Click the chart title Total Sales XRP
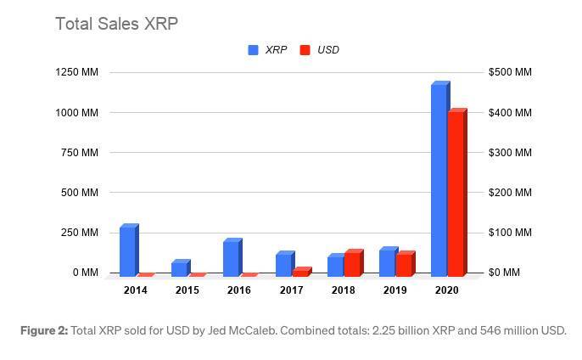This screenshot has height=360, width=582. coord(116,24)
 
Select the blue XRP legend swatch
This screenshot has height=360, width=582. coord(253,50)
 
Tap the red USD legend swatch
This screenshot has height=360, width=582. coord(305,50)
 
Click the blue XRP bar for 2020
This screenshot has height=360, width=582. coord(439,180)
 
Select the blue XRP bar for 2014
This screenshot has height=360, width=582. coord(127,251)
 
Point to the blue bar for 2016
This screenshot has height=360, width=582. coord(231,258)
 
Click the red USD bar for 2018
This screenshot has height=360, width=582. coord(352,264)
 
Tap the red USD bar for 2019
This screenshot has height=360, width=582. coord(404,265)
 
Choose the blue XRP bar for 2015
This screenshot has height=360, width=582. coord(179,268)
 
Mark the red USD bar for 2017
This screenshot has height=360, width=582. coord(300,273)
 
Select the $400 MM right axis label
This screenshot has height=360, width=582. coord(510,113)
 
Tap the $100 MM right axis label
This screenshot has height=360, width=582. coord(510,233)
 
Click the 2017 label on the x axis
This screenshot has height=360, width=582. coord(291,290)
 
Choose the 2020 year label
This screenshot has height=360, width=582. coord(446,290)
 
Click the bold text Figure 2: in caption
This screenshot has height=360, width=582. coord(44,331)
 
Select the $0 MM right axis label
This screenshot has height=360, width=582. coord(510,273)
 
